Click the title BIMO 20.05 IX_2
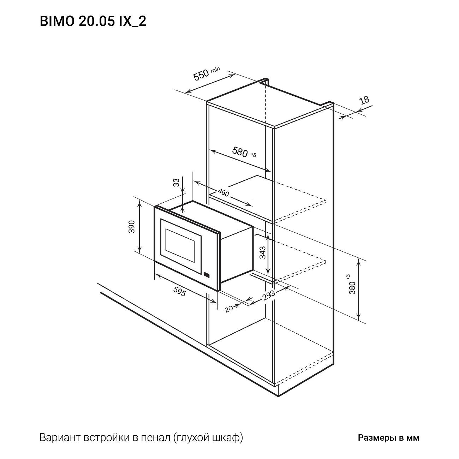[93, 22]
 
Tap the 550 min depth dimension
[202, 75]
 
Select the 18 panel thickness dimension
[364, 100]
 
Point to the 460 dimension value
[223, 192]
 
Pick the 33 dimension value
[176, 183]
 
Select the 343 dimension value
[262, 252]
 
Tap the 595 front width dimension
[179, 291]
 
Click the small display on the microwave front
[207, 274]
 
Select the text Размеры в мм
[389, 438]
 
